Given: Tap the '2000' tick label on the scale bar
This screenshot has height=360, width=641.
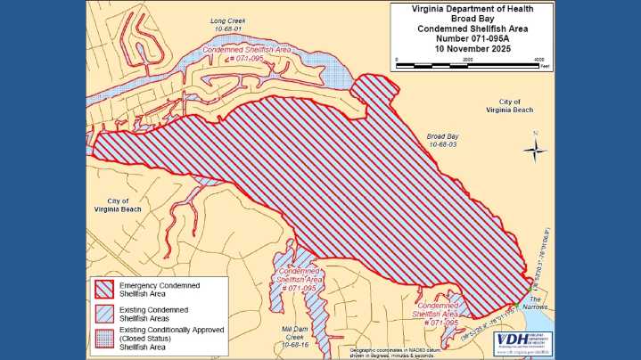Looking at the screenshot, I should pyautogui.click(x=467, y=59).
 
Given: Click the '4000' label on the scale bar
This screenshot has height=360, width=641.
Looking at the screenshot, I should pyautogui.click(x=538, y=59).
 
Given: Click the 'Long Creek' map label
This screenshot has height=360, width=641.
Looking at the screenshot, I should pyautogui.click(x=226, y=20).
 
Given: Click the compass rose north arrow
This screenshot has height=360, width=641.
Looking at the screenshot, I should pyautogui.click(x=535, y=150).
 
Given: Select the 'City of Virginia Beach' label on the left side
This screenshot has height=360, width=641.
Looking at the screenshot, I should pyautogui.click(x=118, y=205).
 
